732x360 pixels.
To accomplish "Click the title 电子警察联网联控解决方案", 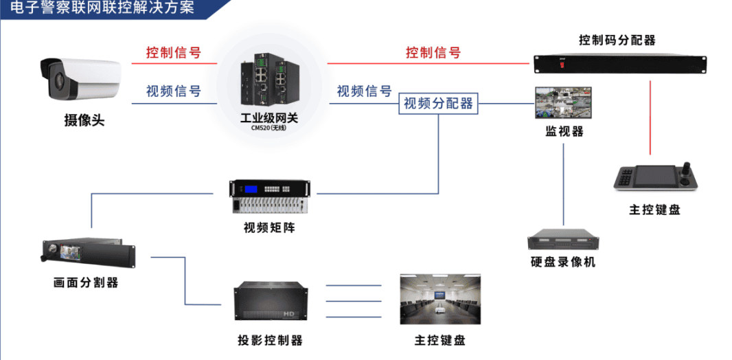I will (x=103, y=8).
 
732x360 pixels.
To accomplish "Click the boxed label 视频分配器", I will (x=438, y=104).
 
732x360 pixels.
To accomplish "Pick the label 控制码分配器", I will (x=617, y=40).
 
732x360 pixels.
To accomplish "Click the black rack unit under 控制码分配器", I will (x=620, y=64).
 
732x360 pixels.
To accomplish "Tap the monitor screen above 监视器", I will (x=563, y=103).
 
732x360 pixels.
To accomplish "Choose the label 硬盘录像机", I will (x=563, y=262).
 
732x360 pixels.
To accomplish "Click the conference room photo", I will (x=439, y=300).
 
